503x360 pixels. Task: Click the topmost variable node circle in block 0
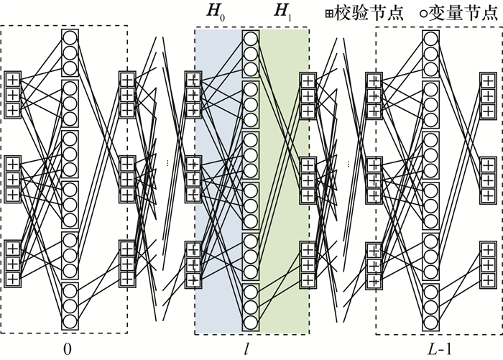tap(70, 37)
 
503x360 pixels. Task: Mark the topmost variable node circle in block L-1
tap(430, 37)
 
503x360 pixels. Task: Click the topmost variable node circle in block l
tap(250, 37)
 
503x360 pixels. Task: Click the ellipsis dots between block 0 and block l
tap(167, 164)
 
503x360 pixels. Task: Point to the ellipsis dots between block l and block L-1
tap(348, 164)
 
